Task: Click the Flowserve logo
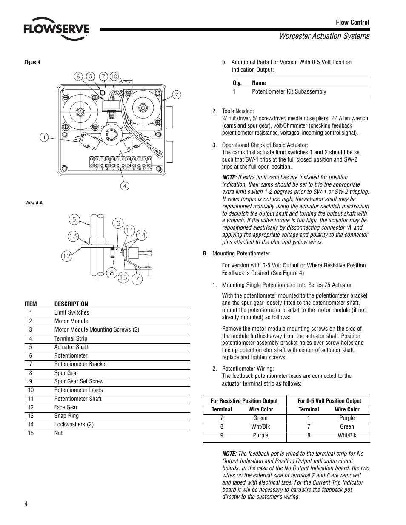(x=56, y=29)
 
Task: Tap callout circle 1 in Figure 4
(x=44, y=137)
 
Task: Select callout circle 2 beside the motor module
(x=176, y=94)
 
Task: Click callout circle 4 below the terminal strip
(x=125, y=186)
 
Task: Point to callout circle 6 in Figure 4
(x=78, y=77)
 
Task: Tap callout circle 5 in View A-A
(x=75, y=220)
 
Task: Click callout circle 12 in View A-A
(x=66, y=256)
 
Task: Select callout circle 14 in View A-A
(x=141, y=235)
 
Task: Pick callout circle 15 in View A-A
(x=123, y=278)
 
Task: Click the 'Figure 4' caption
(x=32, y=62)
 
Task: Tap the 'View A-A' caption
(x=34, y=203)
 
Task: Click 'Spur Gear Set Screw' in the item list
(x=79, y=381)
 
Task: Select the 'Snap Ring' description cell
(x=66, y=416)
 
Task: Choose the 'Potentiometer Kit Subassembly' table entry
(x=289, y=91)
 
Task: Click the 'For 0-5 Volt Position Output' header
(x=329, y=401)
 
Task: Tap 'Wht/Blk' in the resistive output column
(x=260, y=427)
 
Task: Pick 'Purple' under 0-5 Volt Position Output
(x=347, y=418)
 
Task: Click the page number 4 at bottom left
(x=26, y=504)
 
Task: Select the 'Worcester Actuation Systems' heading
(x=324, y=36)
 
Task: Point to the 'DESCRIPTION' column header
(x=71, y=304)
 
